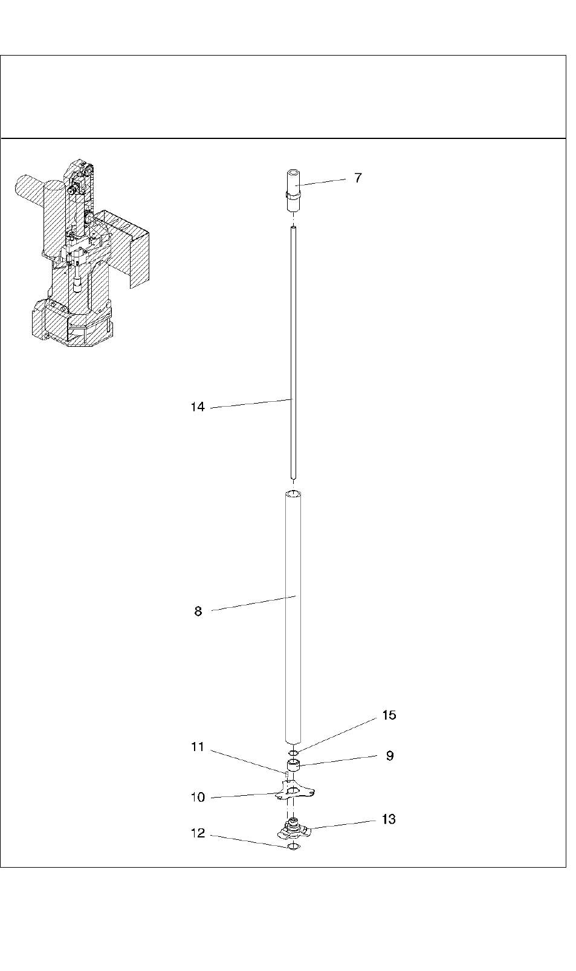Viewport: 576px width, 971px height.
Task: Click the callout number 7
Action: pos(358,178)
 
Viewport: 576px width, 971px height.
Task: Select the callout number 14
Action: pos(198,407)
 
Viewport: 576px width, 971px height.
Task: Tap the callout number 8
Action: pos(198,611)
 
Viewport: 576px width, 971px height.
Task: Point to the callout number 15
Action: pos(389,715)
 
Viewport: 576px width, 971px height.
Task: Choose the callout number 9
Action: pos(390,756)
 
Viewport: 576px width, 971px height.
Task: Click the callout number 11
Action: pos(198,747)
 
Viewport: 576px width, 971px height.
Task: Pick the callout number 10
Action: pos(198,798)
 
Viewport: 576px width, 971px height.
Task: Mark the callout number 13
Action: pos(389,819)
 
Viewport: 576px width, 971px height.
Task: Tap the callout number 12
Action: pos(198,833)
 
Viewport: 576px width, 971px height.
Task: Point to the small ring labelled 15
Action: pos(293,752)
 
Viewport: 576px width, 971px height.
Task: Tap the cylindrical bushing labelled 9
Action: pos(293,767)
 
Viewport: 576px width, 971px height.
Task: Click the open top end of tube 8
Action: pos(293,494)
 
